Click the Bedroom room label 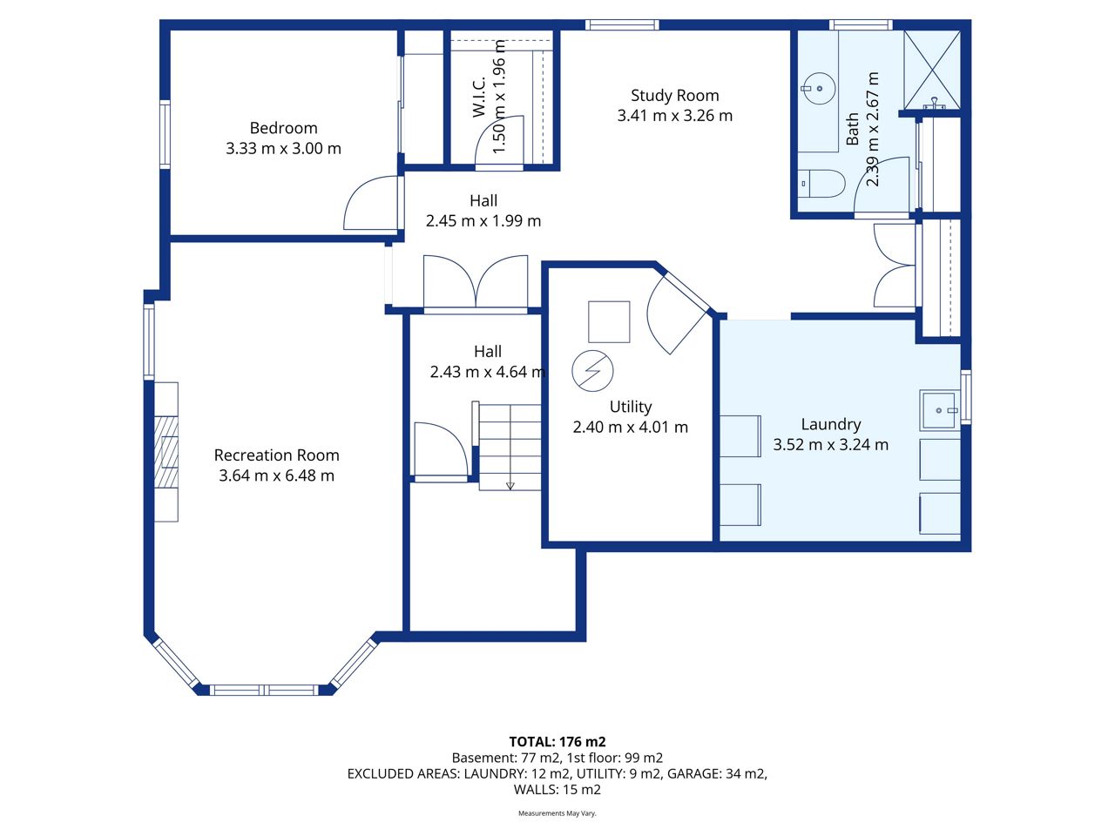point(283,128)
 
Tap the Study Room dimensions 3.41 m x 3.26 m point(674,116)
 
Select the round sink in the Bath point(819,88)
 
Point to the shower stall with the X point(932,70)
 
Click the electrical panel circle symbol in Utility point(592,371)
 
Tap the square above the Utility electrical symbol point(609,322)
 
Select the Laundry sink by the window point(939,410)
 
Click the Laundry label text point(830,424)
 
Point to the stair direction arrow point(510,486)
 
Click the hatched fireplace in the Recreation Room point(166,452)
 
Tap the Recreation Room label point(276,455)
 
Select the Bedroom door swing point(370,203)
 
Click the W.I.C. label point(479,97)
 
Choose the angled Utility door point(678,314)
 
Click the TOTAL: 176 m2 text point(557,742)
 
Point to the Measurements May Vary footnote point(557,813)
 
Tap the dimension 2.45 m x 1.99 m point(483,221)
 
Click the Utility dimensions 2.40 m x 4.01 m point(631,427)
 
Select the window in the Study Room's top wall point(622,25)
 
